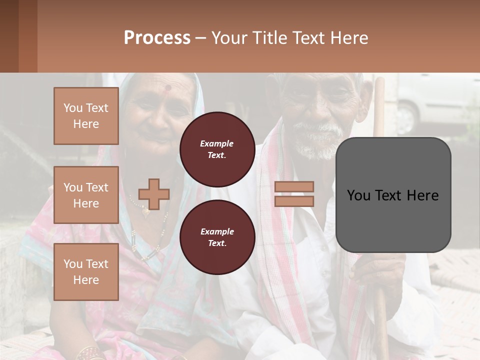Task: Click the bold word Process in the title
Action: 157,38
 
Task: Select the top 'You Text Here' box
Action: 86,116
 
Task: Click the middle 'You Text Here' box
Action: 86,195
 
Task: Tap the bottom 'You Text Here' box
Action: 86,272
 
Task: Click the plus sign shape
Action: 154,194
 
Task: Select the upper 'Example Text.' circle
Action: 217,149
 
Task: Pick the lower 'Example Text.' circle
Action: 217,237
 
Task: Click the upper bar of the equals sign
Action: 294,187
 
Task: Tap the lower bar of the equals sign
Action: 294,201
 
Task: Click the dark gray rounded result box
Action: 393,195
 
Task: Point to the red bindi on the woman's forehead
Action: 168,88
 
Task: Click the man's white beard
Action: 318,142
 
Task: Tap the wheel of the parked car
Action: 406,119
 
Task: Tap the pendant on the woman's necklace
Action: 146,212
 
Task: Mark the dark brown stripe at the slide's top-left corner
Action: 9,36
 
